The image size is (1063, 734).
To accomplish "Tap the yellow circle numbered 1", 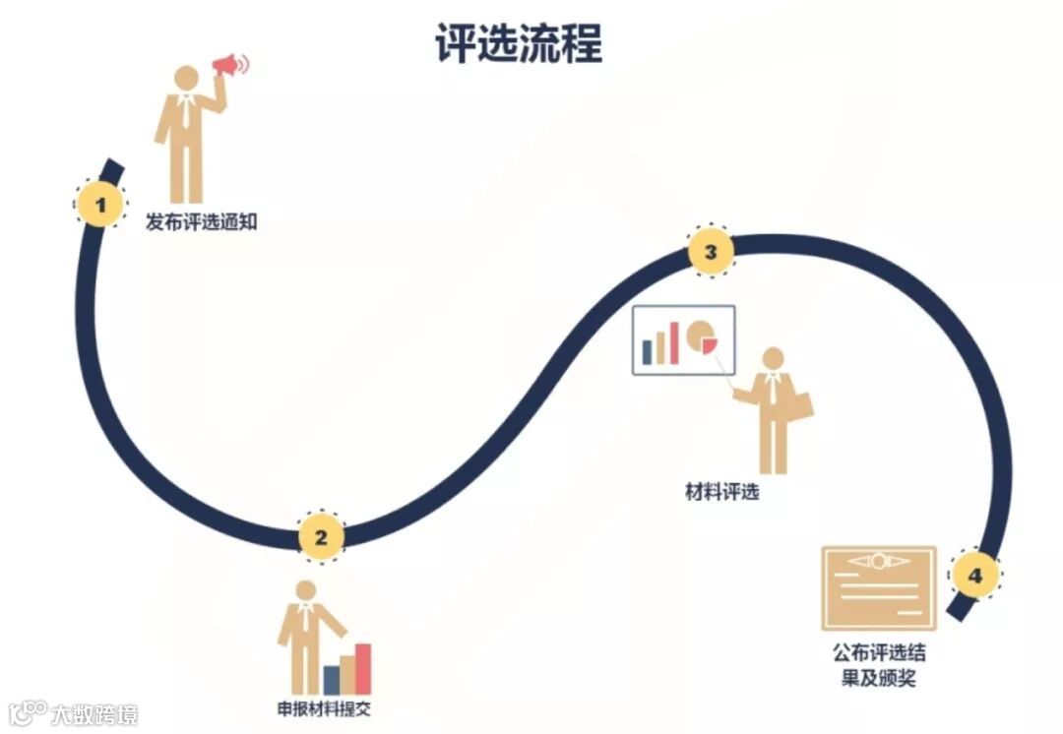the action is tap(100, 205).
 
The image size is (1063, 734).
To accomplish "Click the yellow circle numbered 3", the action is tap(710, 252).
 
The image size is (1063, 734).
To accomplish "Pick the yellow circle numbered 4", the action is tap(973, 575).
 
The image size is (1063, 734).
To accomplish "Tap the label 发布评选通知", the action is tap(201, 222).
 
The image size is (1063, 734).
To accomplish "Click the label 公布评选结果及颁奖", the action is tap(878, 665).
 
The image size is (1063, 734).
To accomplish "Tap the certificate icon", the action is tap(878, 588).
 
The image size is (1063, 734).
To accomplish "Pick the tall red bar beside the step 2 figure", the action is tap(363, 668).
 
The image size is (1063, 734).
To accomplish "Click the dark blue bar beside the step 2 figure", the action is tap(332, 679).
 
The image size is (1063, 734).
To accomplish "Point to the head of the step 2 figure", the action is tap(306, 590).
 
